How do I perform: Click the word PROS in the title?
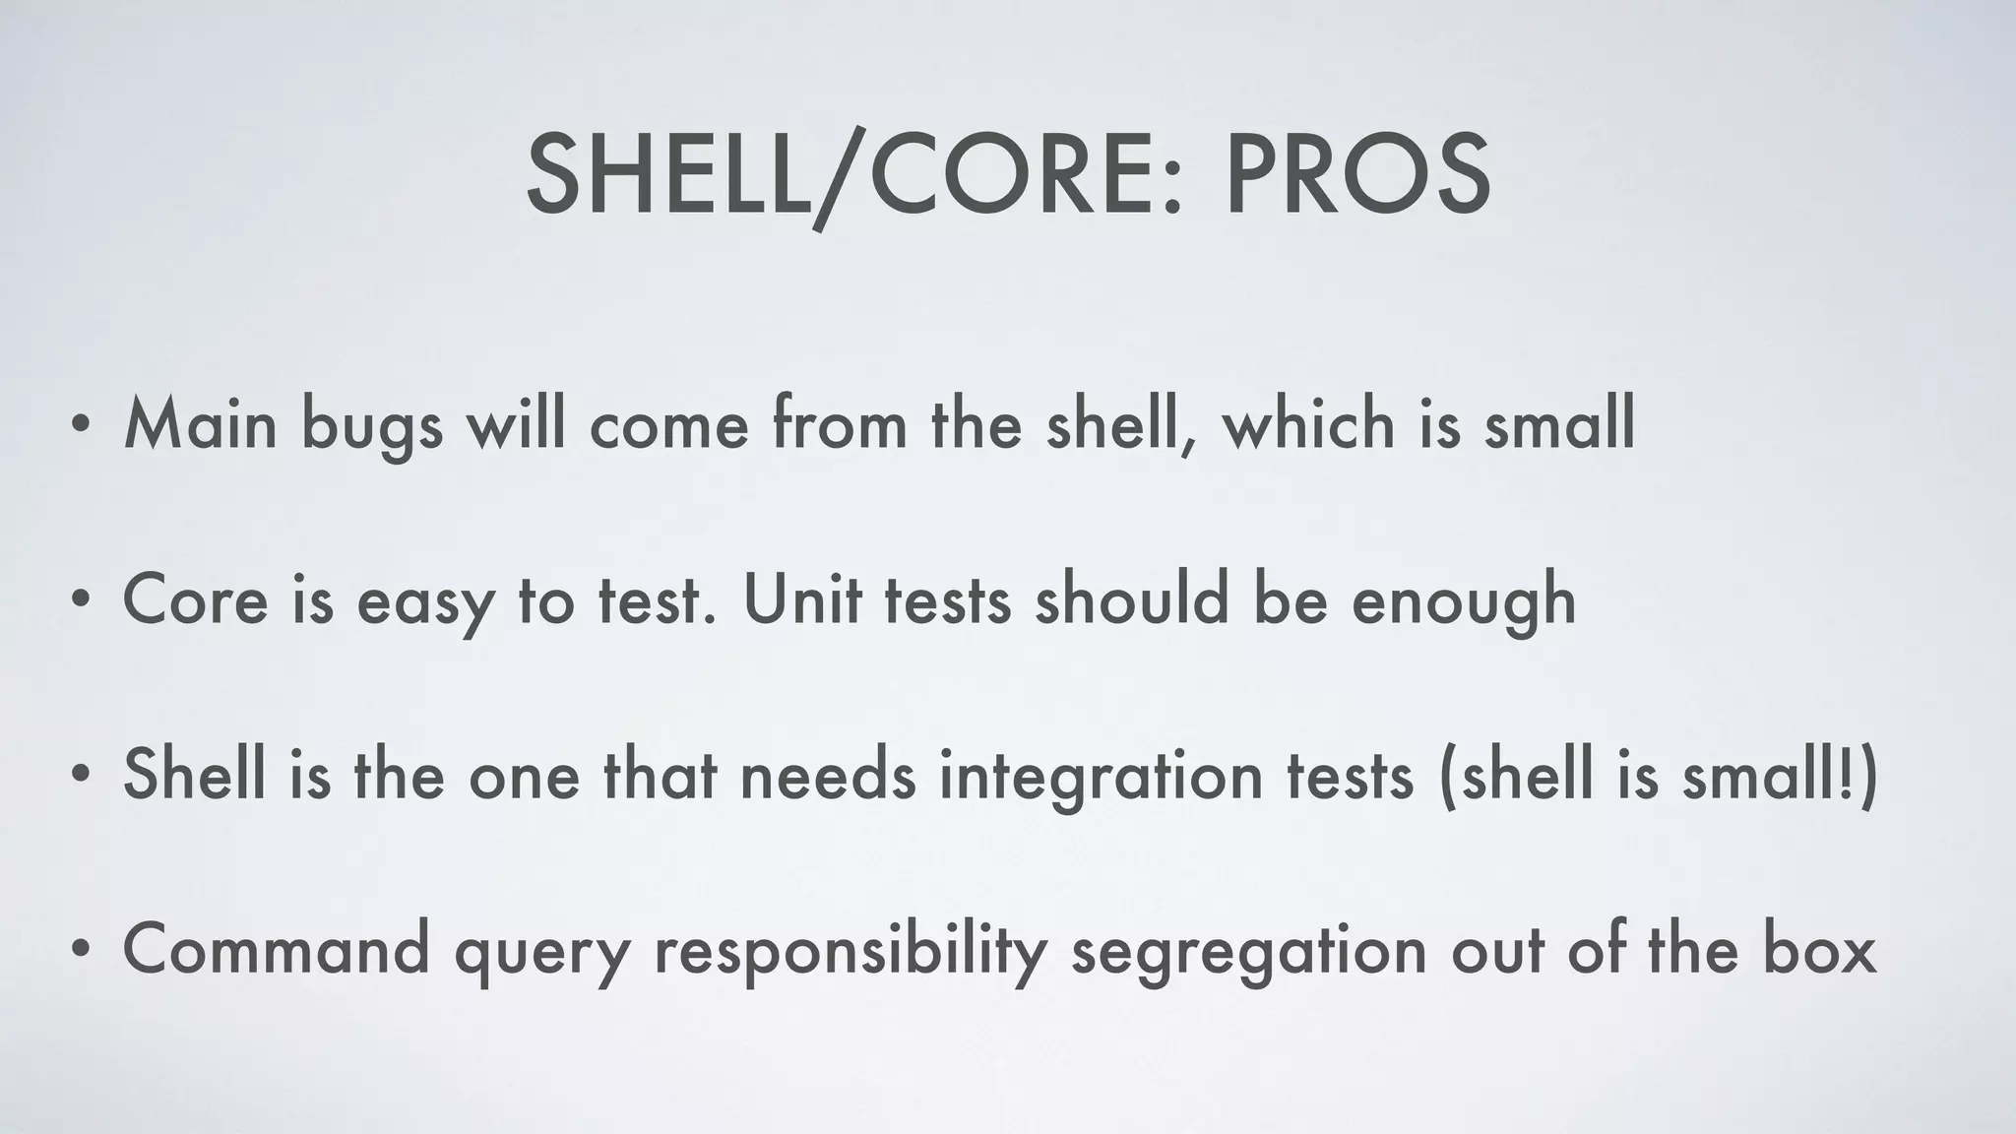[1356, 175]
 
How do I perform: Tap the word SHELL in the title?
[667, 175]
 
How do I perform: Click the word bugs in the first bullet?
[372, 425]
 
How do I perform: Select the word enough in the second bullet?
[1463, 600]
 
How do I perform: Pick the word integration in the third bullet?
[1101, 776]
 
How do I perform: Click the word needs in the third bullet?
[827, 774]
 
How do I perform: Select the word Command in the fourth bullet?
[277, 949]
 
